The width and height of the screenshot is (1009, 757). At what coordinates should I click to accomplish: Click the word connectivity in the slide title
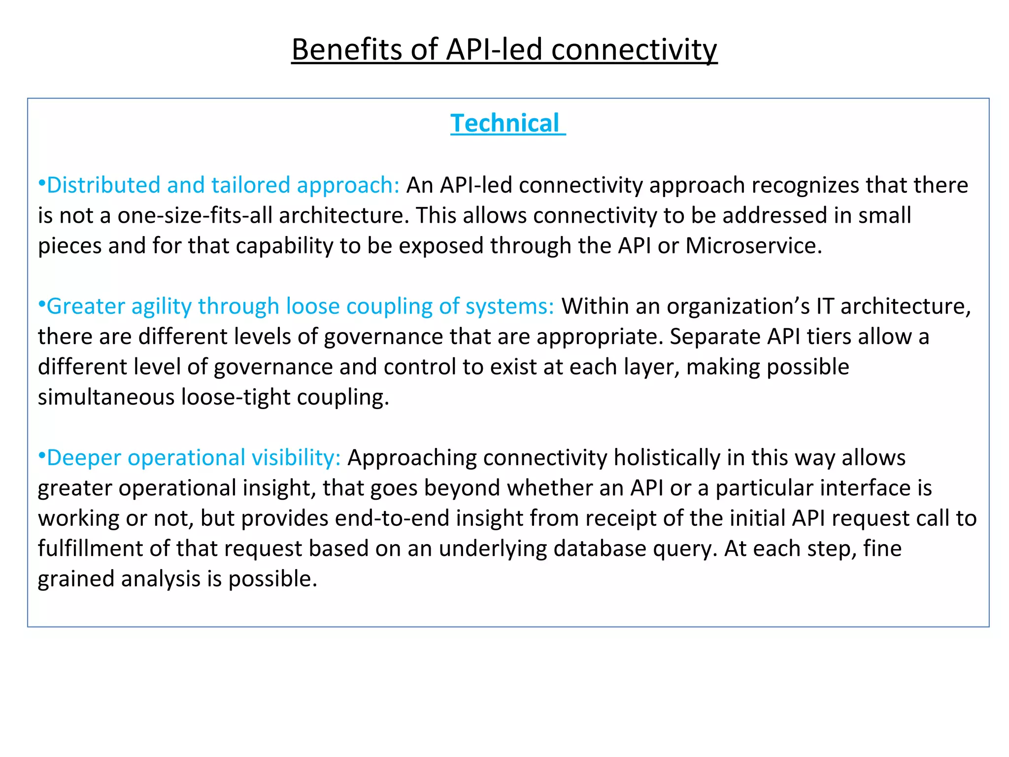[634, 49]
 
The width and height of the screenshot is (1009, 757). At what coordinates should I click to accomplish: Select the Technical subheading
[505, 123]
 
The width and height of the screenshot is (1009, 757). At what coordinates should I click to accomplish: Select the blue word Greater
[86, 307]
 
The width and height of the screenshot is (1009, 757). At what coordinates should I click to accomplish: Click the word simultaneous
[106, 397]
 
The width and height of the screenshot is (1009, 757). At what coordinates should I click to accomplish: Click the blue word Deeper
[84, 458]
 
